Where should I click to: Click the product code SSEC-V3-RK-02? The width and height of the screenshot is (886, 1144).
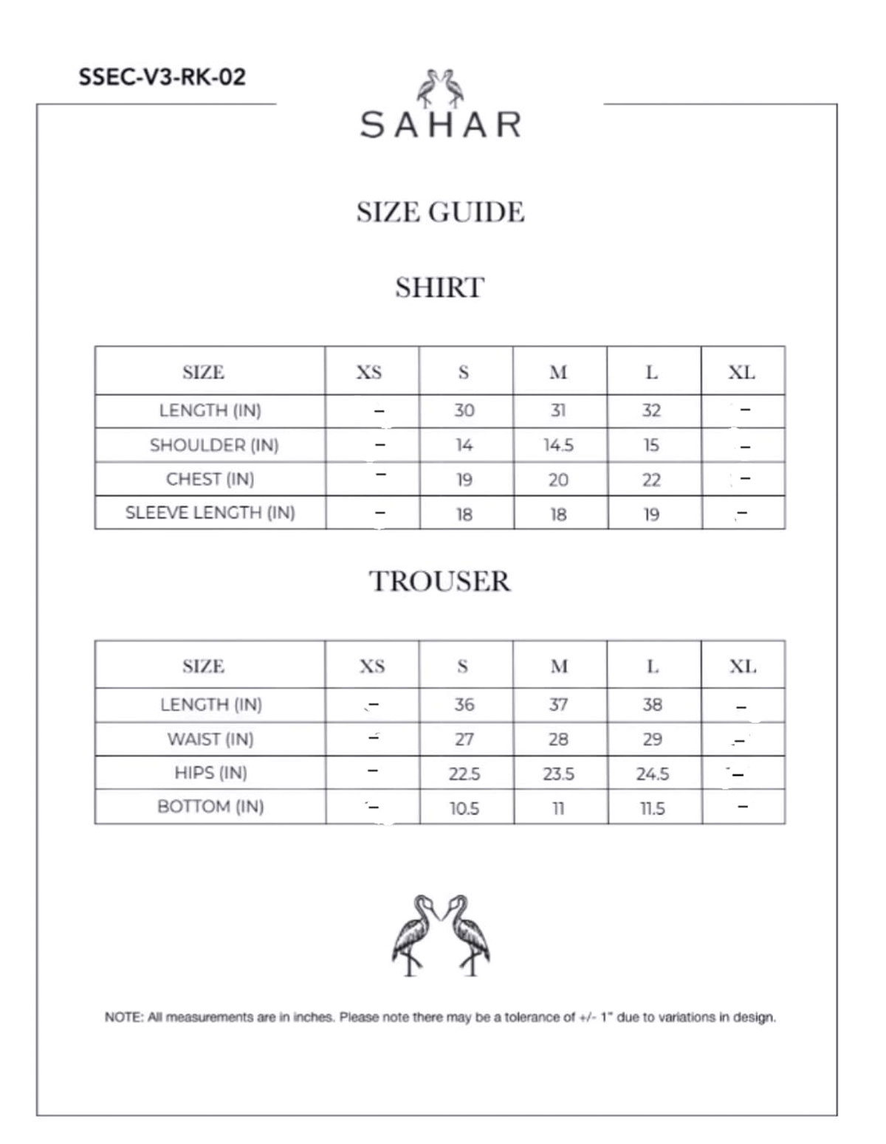(x=162, y=77)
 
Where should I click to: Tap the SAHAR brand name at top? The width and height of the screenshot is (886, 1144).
(x=441, y=125)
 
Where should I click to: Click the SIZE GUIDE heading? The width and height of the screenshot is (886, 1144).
(x=440, y=213)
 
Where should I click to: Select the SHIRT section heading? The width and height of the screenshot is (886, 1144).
(x=440, y=288)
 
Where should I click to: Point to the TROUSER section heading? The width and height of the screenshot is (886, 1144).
(x=440, y=582)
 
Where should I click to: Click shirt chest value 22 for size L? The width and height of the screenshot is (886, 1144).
(x=651, y=480)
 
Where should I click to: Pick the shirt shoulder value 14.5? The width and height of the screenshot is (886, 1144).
(x=558, y=446)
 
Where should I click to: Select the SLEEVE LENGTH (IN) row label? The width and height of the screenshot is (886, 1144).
(x=210, y=513)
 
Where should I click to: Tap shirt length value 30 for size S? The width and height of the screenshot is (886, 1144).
(x=464, y=411)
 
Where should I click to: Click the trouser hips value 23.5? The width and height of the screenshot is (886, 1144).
(x=558, y=774)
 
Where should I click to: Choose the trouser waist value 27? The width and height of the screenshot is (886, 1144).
(x=464, y=740)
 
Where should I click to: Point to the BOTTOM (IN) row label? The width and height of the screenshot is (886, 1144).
(x=210, y=807)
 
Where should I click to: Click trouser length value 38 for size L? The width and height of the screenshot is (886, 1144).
(x=652, y=705)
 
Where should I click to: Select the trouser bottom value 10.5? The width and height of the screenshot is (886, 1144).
(x=464, y=809)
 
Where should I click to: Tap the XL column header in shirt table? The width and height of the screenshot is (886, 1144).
(x=742, y=373)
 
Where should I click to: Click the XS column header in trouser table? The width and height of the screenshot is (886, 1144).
(x=372, y=666)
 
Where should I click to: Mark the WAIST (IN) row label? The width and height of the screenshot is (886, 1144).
(x=210, y=740)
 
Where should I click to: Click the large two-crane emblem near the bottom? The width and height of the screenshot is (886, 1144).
(x=441, y=936)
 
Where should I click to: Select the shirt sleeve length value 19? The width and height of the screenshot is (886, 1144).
(x=651, y=514)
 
